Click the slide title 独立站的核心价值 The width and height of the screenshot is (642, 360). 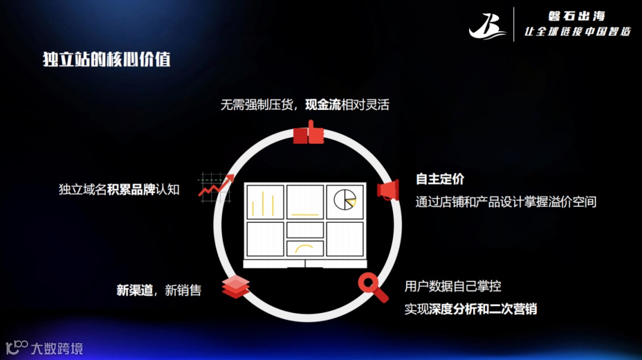coord(106,59)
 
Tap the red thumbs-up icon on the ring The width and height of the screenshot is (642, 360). coord(309,133)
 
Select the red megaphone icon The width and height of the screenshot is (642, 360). coord(387,190)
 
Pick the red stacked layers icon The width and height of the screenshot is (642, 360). coord(235,287)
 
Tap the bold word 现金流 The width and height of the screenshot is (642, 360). coord(323,105)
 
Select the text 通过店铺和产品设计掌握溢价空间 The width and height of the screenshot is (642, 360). coord(505,202)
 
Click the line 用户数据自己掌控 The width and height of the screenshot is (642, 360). coord(452,286)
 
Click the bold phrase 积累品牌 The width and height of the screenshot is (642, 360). coord(131,190)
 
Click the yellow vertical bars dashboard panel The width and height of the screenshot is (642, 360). coord(264,201)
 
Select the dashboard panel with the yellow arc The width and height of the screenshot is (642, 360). coord(305,248)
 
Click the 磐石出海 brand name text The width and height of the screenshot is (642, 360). coord(576,16)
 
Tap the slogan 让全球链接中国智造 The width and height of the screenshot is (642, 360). coord(577,31)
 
